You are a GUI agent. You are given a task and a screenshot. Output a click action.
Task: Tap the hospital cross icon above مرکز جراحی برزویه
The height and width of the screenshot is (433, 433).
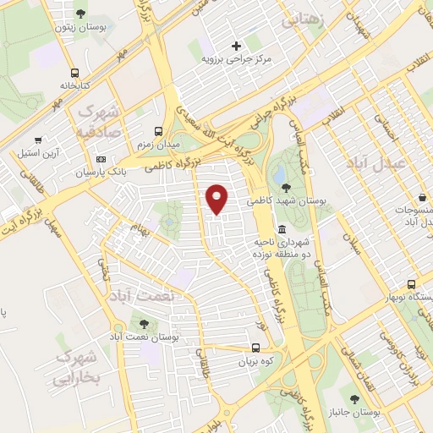pyautogui.click(x=236, y=45)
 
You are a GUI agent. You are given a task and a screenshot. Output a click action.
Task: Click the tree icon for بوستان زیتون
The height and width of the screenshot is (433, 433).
pyautogui.click(x=80, y=14)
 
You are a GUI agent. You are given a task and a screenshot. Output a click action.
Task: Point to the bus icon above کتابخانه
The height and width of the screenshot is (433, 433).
pyautogui.click(x=75, y=73)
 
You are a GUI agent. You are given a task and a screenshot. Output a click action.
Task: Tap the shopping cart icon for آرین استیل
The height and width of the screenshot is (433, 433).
pyautogui.click(x=38, y=140)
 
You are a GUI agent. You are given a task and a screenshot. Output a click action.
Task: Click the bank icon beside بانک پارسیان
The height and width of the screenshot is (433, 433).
pyautogui.click(x=102, y=159)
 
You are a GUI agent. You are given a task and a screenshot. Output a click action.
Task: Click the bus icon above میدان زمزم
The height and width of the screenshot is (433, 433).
pyautogui.click(x=156, y=131)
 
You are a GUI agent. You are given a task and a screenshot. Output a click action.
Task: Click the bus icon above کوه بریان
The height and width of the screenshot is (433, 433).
pyautogui.click(x=256, y=347)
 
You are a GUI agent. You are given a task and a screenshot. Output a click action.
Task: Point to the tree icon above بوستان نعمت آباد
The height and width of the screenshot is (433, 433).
pyautogui.click(x=140, y=323)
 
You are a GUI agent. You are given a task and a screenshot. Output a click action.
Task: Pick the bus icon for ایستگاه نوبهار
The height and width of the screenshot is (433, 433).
pyautogui.click(x=411, y=284)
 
